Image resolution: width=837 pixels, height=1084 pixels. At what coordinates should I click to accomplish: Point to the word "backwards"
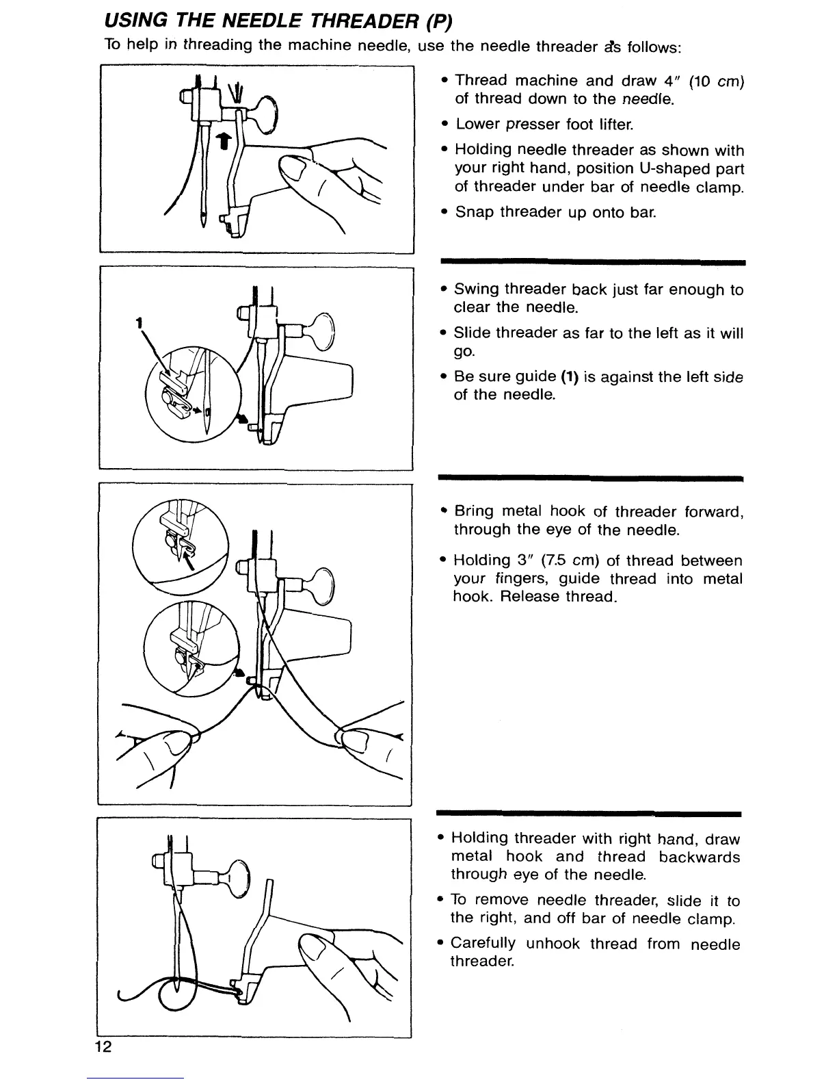point(700,857)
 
